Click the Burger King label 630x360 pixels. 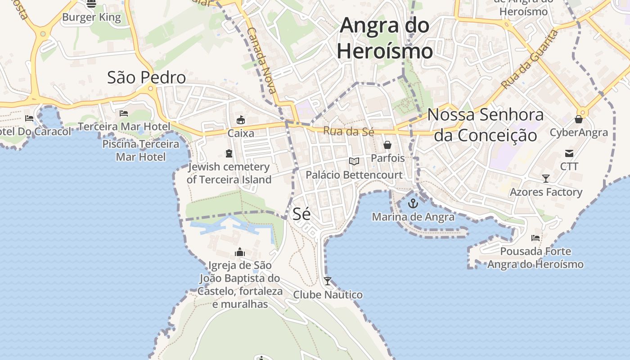pyautogui.click(x=91, y=18)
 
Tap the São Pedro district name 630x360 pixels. pyautogui.click(x=146, y=77)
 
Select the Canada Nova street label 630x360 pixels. pyautogui.click(x=261, y=60)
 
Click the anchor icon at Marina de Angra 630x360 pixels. pyautogui.click(x=413, y=204)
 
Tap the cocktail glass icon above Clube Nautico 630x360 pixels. pyautogui.click(x=328, y=281)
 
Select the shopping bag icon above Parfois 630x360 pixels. pyautogui.click(x=387, y=145)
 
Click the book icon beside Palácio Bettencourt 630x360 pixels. pyautogui.click(x=354, y=161)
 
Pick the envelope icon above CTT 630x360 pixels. pyautogui.click(x=569, y=153)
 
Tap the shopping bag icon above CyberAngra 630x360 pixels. pyautogui.click(x=579, y=119)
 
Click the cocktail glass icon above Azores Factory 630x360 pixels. pyautogui.click(x=546, y=179)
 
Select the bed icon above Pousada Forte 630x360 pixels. pyautogui.click(x=535, y=238)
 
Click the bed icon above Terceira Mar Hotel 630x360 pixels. pyautogui.click(x=124, y=113)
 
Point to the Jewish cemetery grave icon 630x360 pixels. pyautogui.click(x=229, y=153)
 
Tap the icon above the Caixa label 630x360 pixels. pyautogui.click(x=241, y=120)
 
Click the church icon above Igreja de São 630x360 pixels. pyautogui.click(x=240, y=252)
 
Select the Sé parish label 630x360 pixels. pyautogui.click(x=301, y=214)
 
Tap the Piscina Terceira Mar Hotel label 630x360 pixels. pyautogui.click(x=141, y=150)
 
